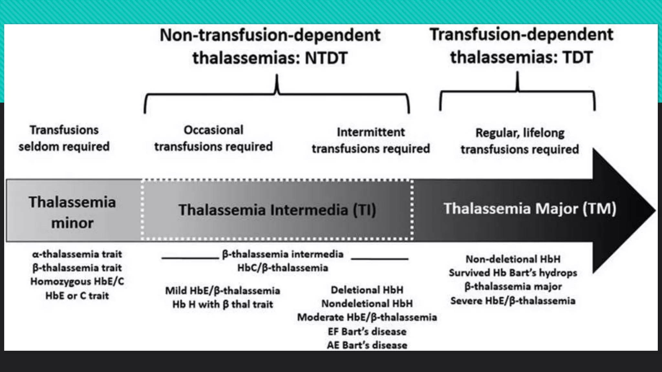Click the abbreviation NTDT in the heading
pos(326,58)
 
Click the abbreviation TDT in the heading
pos(578,57)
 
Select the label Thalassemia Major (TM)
pos(529,209)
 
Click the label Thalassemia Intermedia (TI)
pos(277,210)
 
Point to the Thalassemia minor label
pos(72,212)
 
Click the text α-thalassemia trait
pos(77,254)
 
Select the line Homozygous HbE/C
pos(77,281)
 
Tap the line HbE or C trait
pos(77,295)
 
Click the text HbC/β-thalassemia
pos(283,268)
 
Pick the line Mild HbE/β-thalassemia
pos(222,291)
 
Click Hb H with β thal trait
pos(222,304)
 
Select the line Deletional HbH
pos(367,290)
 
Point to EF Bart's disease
pos(367,331)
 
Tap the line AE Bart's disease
pos(367,345)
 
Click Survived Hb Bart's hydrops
pos(513,273)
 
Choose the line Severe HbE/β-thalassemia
pos(513,301)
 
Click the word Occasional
pos(213,130)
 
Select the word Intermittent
pos(371,132)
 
